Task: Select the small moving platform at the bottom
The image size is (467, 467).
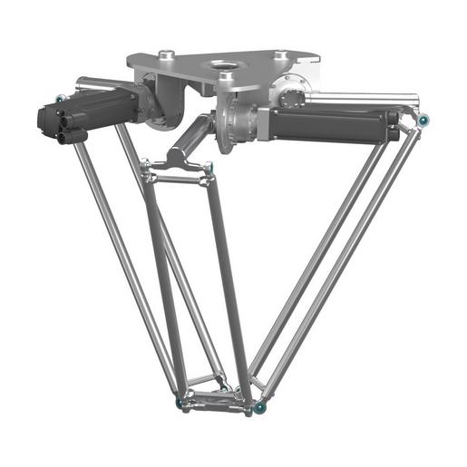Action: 218,397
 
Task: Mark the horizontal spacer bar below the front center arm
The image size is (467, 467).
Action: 177,179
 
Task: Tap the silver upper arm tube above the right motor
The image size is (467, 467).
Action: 363,98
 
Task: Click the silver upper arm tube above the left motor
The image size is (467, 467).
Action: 100,84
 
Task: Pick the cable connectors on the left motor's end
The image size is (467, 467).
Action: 54,127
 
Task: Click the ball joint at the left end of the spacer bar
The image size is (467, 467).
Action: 145,164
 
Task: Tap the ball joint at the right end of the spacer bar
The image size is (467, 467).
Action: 209,167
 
